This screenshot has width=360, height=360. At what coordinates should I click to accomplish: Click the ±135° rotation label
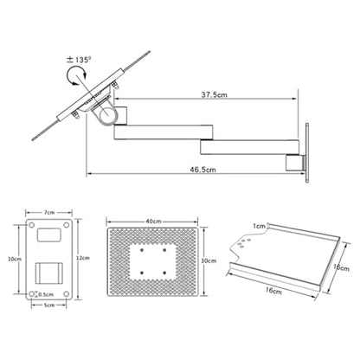point(79,60)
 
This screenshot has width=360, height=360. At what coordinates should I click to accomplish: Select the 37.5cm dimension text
point(214,94)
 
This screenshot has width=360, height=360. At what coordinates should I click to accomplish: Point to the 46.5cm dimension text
point(202,170)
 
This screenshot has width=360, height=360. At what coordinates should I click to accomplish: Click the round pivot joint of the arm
point(108,116)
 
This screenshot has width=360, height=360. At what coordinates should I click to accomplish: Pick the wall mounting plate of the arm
point(307,152)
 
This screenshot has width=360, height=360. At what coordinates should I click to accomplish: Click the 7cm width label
point(49,213)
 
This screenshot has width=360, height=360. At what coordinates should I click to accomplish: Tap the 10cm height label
point(15,259)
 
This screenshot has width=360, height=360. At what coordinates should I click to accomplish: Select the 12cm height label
point(83,258)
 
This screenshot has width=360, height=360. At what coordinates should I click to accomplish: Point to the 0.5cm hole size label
point(46,294)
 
